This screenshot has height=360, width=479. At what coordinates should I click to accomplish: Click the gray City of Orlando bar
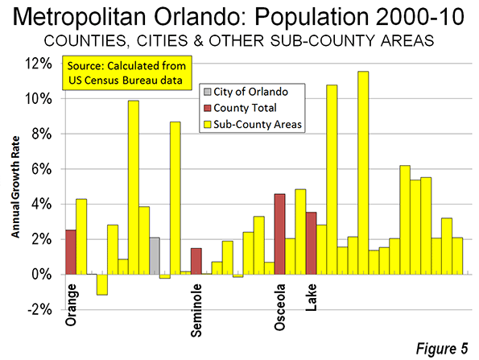[155, 256]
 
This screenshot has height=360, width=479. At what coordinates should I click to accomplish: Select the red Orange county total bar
[71, 252]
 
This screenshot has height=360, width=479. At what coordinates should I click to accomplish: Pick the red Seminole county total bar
[196, 261]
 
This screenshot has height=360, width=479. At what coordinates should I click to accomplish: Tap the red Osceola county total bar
[279, 234]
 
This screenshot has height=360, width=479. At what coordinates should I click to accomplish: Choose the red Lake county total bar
[311, 243]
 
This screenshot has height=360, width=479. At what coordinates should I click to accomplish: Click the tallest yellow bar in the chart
[363, 173]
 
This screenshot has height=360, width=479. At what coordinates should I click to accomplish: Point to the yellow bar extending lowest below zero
[102, 284]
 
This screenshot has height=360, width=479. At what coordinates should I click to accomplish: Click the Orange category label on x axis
[71, 304]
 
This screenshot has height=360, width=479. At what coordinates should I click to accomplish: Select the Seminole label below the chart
[196, 311]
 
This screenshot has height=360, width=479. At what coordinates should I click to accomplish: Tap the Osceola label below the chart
[280, 308]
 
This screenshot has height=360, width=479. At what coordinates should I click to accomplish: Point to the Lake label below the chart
[312, 297]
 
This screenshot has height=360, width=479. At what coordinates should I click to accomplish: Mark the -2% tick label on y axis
[40, 310]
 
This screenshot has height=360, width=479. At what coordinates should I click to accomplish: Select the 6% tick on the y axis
[41, 169]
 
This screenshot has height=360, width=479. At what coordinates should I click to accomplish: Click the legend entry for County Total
[241, 108]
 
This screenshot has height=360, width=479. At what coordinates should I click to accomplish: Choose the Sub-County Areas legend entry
[253, 124]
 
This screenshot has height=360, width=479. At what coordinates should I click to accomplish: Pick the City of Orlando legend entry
[246, 92]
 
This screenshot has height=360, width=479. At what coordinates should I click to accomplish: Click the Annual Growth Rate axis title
[15, 187]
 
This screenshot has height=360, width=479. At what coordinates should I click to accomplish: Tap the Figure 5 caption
[442, 349]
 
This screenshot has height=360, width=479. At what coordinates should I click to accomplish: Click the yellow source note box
[127, 73]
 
